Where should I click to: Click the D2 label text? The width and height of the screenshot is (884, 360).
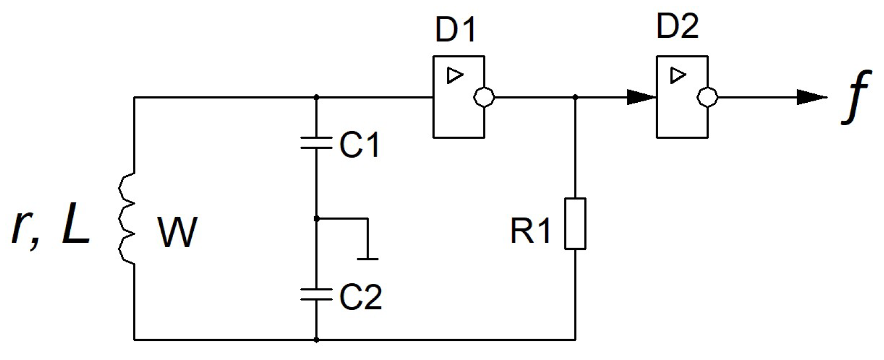coord(677,26)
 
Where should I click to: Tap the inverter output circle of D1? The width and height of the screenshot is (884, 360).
coord(484,97)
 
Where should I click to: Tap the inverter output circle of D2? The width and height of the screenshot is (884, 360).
coord(707,97)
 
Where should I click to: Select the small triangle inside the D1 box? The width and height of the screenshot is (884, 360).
coord(454,76)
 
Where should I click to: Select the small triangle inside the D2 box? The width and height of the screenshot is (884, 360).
coord(677,75)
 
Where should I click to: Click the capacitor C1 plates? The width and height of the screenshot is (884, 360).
coord(316,142)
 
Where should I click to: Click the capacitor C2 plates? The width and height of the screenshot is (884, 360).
coord(316,294)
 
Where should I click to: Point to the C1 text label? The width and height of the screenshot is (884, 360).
coord(360,144)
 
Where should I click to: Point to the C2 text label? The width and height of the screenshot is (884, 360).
coord(361,297)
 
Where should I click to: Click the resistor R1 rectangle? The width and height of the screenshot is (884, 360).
coord(575,224)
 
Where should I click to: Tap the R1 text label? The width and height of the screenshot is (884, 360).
coord(530,231)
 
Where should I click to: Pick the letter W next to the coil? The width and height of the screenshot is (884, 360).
coord(177,232)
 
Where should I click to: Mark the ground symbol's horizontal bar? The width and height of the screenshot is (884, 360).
coord(368,259)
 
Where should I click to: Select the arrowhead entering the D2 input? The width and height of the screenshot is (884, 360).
coord(641,97)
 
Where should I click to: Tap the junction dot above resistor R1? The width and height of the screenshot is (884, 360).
coord(575,97)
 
